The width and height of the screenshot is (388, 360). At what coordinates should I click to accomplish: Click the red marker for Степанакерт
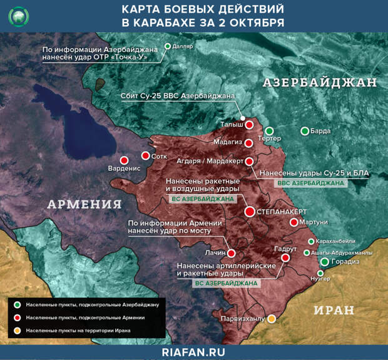coord(250,212)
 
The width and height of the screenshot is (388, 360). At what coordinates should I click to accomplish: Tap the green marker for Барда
coord(305,131)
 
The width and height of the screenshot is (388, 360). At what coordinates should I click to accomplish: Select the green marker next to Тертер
coord(269,131)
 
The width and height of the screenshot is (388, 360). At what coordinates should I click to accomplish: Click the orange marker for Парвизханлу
coord(272,319)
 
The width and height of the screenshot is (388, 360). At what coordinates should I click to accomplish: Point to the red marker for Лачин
coord(232,254)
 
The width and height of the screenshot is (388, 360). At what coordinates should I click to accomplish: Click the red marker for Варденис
coord(124,160)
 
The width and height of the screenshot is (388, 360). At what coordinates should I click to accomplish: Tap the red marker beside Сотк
coord(145,156)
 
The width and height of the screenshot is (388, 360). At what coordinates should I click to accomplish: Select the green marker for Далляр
coord(167,46)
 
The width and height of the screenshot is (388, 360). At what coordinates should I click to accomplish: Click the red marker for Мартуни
coord(294,222)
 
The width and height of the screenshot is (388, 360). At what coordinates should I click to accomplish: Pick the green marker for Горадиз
coord(325,262)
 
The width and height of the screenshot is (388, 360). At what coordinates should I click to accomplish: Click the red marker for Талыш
coord(249,125)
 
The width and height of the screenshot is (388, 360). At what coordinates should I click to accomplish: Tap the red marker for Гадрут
coord(285,257)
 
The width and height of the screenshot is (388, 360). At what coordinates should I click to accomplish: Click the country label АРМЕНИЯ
coord(84,204)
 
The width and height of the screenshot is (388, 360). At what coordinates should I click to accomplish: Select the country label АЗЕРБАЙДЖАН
coord(319,83)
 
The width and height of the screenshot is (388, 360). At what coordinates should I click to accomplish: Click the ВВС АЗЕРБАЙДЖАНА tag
coord(310,183)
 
